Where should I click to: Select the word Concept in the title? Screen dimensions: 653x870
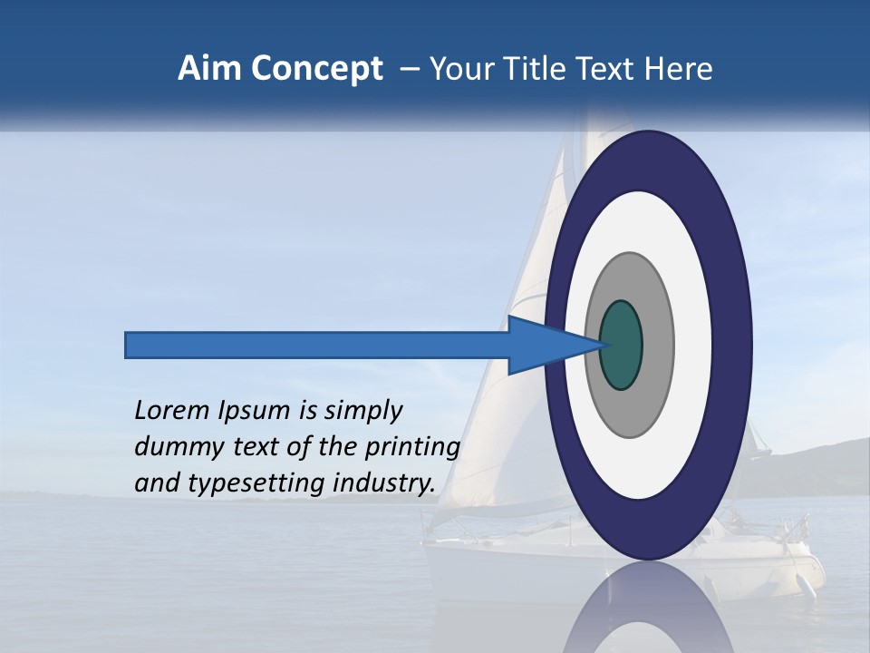pyautogui.click(x=316, y=69)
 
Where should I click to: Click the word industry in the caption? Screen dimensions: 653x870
pyautogui.click(x=381, y=483)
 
